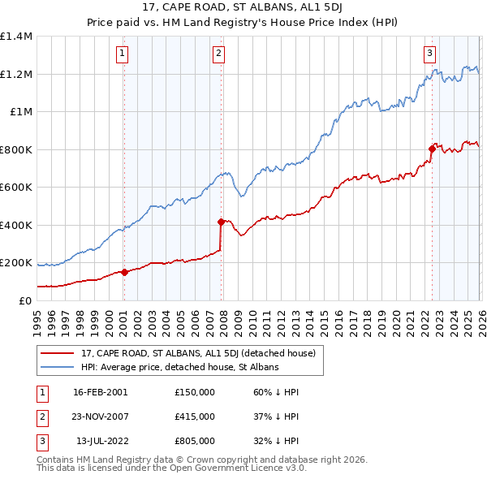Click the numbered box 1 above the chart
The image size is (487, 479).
(x=123, y=54)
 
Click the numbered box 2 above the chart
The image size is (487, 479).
(x=219, y=54)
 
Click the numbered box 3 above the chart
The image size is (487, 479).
(x=429, y=54)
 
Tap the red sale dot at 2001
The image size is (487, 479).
(x=124, y=273)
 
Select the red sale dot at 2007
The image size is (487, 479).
(x=221, y=221)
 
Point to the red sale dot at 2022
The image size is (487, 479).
(x=432, y=149)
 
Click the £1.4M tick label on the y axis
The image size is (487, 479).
(x=16, y=37)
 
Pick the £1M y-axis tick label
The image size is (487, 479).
(x=20, y=112)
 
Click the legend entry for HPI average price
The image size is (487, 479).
(x=179, y=367)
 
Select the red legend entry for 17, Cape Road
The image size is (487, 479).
(x=203, y=353)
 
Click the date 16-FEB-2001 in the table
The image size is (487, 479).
(x=101, y=393)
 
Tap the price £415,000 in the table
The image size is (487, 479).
(x=194, y=416)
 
